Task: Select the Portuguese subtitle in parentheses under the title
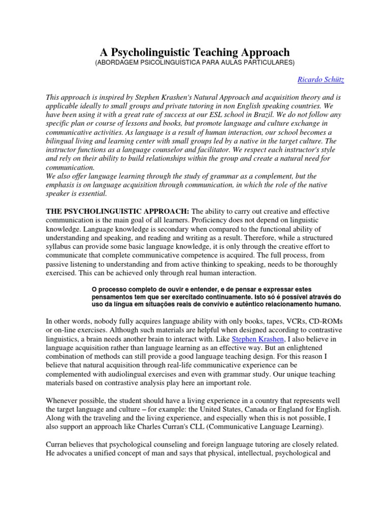click(194, 63)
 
